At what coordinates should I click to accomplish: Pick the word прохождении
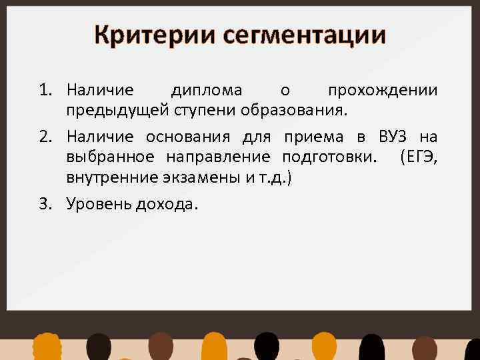click(383, 91)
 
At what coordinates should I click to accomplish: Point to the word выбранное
click(110, 157)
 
